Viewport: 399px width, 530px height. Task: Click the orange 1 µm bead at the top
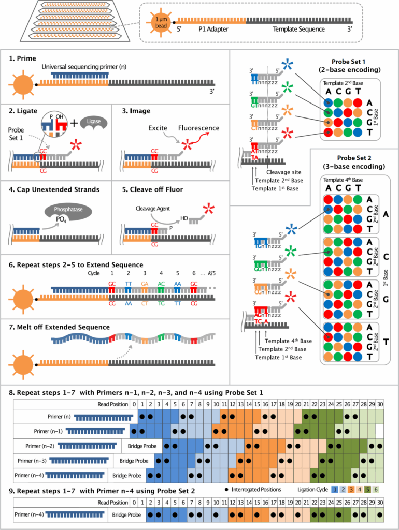click(x=160, y=23)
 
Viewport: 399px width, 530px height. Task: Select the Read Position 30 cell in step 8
click(x=380, y=403)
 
